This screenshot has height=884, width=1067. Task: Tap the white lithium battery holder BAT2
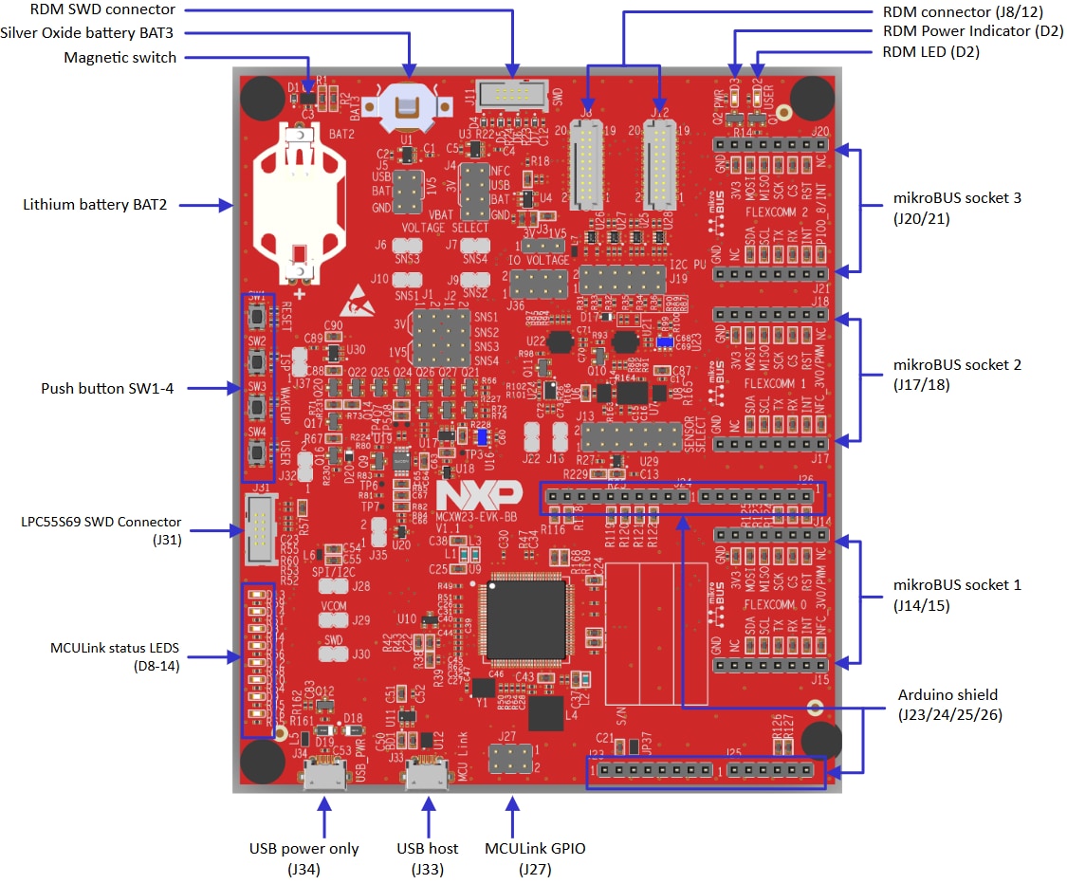[300, 204]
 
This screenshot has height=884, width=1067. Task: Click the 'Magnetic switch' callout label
[120, 58]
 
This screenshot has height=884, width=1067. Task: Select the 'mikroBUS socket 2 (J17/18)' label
[957, 375]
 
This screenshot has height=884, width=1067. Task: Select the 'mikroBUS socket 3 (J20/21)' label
[957, 209]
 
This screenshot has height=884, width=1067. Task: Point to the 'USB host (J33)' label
[427, 857]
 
